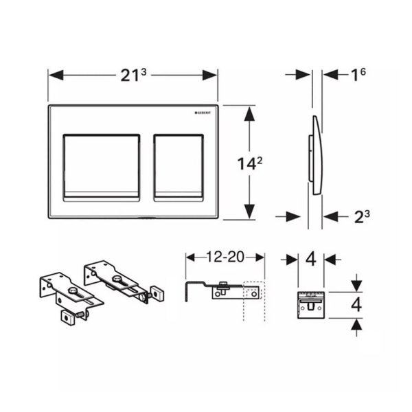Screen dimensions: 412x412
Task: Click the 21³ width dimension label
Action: [133, 75]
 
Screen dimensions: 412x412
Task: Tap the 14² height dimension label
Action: [250, 163]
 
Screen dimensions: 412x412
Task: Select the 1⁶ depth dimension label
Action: [358, 75]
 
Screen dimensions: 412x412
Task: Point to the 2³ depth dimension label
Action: [362, 217]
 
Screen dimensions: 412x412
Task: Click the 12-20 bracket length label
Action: [225, 257]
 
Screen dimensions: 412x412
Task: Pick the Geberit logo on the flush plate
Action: [203, 113]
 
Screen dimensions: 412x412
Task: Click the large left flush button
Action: [102, 168]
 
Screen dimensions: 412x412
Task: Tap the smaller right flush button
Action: [179, 168]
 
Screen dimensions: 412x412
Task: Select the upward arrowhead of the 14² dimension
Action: [249, 114]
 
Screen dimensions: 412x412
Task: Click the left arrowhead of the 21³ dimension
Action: [56, 75]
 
